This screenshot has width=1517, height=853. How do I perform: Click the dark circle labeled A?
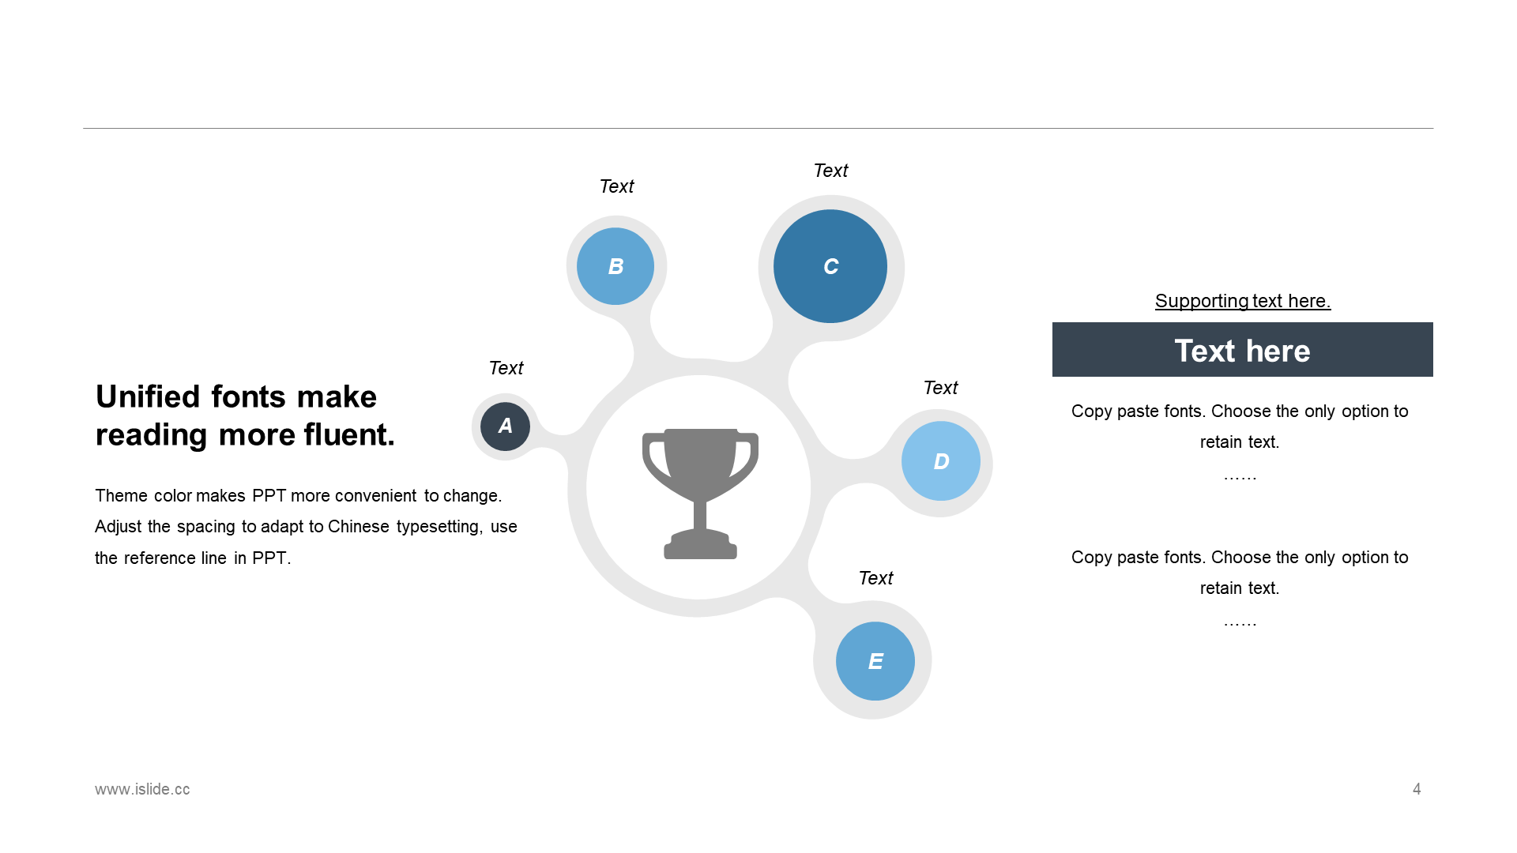click(505, 426)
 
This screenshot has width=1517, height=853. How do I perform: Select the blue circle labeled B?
click(615, 266)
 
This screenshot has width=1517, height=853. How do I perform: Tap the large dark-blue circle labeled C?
click(830, 266)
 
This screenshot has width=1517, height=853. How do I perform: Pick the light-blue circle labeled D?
click(941, 461)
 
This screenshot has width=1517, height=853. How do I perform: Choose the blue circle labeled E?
click(875, 661)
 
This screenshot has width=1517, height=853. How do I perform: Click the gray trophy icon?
click(700, 494)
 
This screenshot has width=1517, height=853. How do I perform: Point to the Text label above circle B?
click(616, 186)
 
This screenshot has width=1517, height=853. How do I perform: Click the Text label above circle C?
click(830, 171)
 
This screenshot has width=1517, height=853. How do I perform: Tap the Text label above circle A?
click(506, 368)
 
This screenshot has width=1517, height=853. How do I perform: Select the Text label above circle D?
click(940, 388)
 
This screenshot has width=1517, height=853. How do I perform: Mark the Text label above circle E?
click(875, 578)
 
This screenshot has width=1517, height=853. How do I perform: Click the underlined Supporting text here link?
click(1243, 301)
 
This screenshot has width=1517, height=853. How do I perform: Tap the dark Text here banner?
click(1243, 349)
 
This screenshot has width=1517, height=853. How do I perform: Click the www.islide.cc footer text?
click(142, 789)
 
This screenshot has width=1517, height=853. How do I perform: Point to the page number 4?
click(1417, 789)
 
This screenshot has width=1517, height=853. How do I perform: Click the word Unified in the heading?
click(149, 396)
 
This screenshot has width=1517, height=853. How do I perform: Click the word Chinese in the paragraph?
click(359, 527)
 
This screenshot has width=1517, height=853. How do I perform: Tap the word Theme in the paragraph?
click(121, 496)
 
